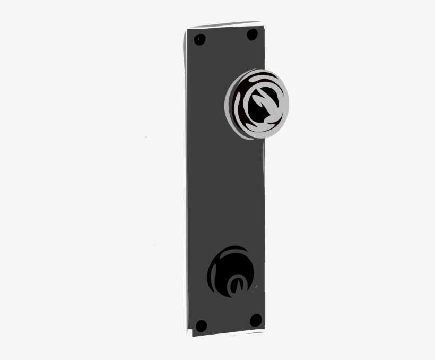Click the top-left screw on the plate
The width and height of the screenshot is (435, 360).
pos(200,39)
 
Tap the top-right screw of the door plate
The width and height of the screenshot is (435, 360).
pos(253,35)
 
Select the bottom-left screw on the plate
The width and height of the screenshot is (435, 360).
pos(201,325)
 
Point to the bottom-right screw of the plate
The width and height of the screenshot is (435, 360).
pos(256,320)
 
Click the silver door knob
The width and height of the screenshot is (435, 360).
pos(258,104)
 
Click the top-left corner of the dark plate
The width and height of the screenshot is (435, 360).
pos(187,31)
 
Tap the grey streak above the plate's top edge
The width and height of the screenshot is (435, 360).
pos(223,25)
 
